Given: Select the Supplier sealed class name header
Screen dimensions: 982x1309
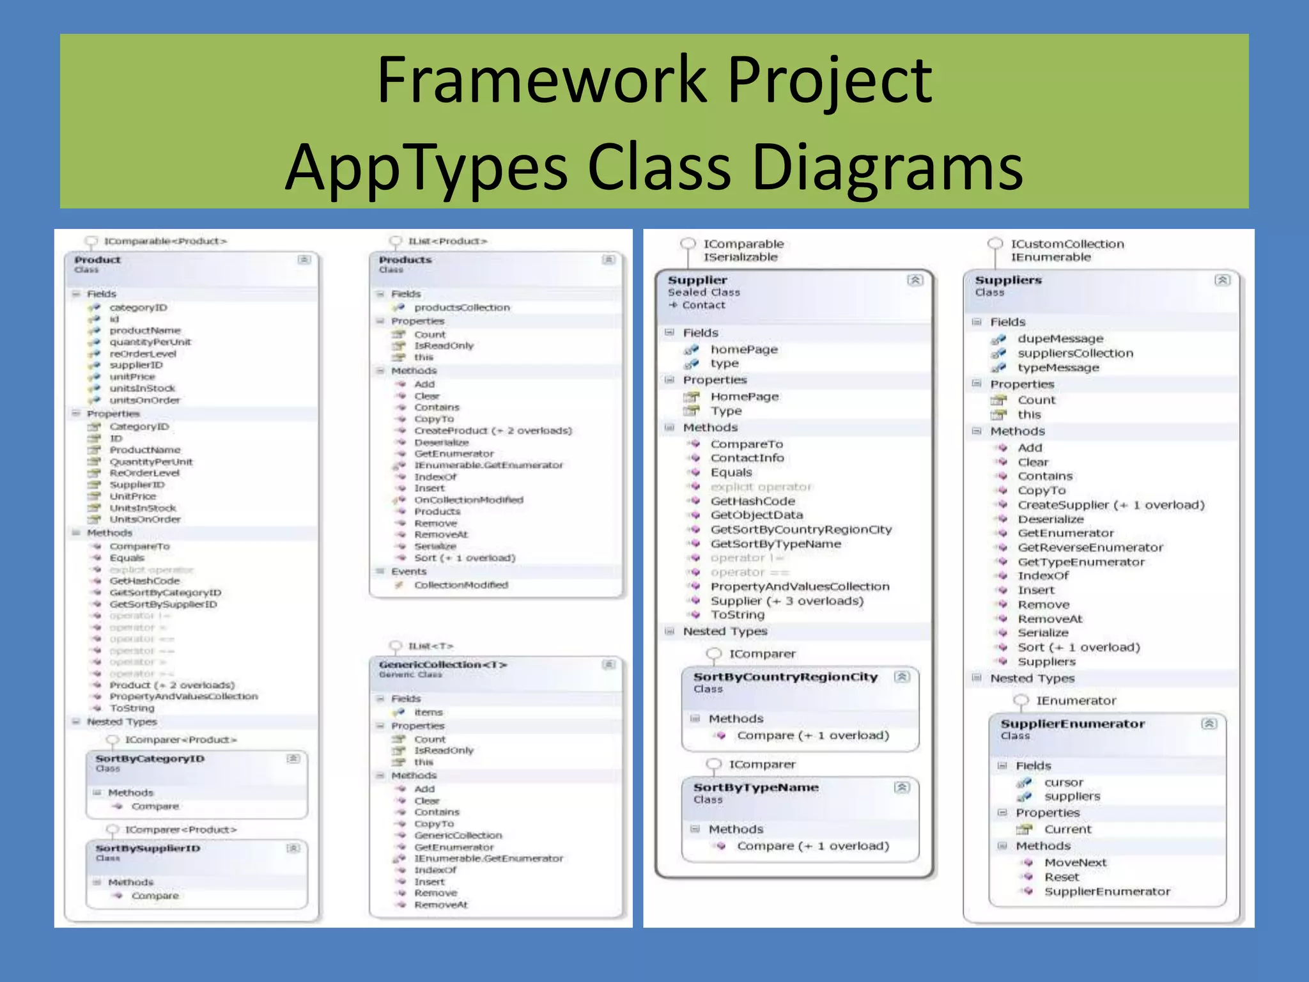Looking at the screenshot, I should click(x=697, y=280).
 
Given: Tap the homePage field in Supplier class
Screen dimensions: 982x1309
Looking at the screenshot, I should click(x=744, y=350).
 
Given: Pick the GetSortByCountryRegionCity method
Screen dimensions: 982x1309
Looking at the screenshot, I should click(x=801, y=529).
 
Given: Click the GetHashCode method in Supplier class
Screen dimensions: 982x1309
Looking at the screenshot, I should click(x=752, y=501).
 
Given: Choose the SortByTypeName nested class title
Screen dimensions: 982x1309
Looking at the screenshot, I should click(x=755, y=788).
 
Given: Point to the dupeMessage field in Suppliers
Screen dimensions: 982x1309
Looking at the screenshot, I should click(x=1060, y=339).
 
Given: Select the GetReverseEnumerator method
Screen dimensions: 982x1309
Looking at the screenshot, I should click(x=1090, y=547).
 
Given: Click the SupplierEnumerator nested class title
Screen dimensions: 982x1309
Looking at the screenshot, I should click(x=1073, y=724).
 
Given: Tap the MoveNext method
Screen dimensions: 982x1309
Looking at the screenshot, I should click(x=1075, y=862).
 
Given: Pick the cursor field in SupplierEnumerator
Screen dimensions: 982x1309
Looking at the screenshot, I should click(x=1064, y=783).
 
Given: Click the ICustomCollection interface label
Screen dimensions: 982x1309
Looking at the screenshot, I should click(x=1067, y=244).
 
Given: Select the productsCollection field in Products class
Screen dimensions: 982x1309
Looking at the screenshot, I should click(x=461, y=308).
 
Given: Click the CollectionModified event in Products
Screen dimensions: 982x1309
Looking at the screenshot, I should click(x=461, y=585).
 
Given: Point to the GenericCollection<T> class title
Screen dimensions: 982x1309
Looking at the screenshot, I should click(x=442, y=665).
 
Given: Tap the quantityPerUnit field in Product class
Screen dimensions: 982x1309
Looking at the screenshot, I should click(x=150, y=342).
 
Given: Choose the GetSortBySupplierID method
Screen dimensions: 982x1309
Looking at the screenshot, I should click(x=163, y=604).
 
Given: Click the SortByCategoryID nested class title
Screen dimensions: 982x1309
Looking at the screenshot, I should click(x=150, y=759).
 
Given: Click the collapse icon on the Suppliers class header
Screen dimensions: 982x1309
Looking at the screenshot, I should click(x=1222, y=280).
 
